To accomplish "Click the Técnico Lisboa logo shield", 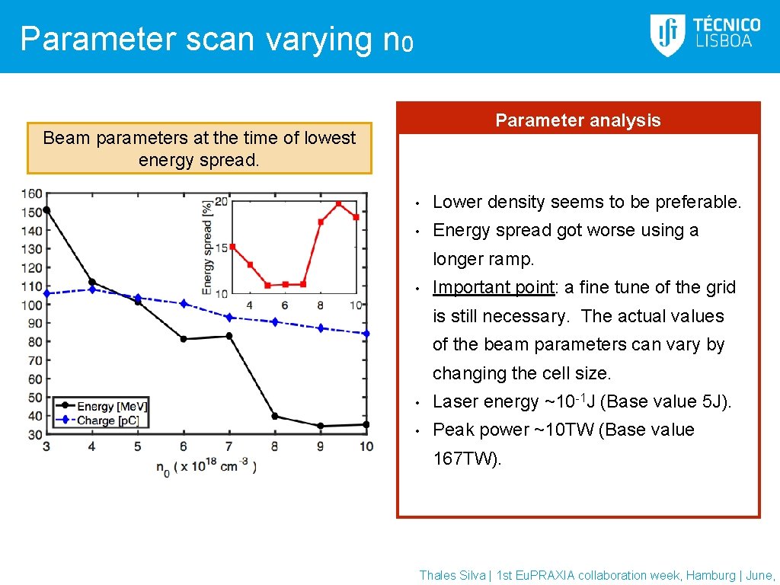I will (x=667, y=35).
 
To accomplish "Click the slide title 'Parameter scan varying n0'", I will (x=216, y=39).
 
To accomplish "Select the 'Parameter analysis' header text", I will (x=577, y=120).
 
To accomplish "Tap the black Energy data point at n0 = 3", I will (x=46, y=210).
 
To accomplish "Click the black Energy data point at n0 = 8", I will (x=274, y=416).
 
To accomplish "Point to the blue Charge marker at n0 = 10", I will (x=366, y=334).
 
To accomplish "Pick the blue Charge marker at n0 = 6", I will (x=183, y=304).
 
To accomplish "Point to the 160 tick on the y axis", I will (x=32, y=193).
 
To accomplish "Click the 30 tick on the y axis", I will (x=35, y=434).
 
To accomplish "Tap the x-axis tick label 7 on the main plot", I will (x=229, y=446).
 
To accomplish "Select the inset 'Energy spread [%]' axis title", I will (x=207, y=247).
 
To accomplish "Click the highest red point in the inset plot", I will (x=338, y=204).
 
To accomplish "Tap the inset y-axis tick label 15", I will (x=221, y=248).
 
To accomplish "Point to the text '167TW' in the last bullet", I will (x=464, y=459).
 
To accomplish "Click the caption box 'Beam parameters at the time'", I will (x=199, y=149).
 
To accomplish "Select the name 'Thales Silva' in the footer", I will (x=452, y=576).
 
